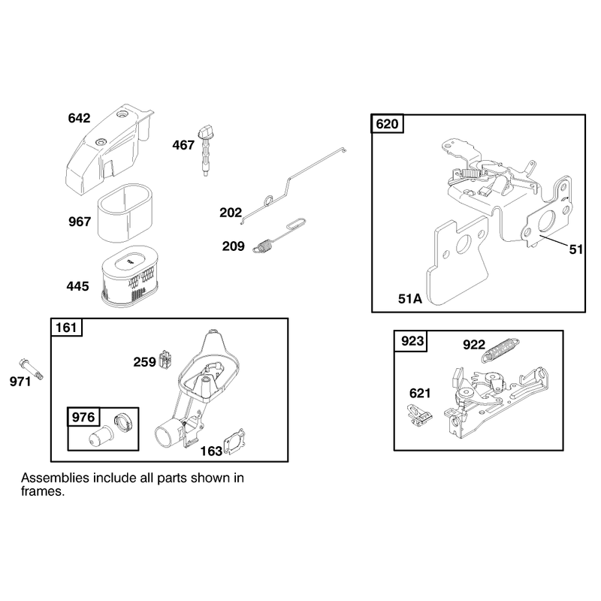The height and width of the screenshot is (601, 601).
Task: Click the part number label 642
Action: pyautogui.click(x=79, y=118)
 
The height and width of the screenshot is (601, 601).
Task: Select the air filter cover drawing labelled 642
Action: pyautogui.click(x=109, y=149)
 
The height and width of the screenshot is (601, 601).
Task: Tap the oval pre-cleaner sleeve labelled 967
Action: pyautogui.click(x=125, y=213)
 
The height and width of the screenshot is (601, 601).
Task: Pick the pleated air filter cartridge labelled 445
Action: pyautogui.click(x=129, y=276)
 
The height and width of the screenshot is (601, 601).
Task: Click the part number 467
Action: pyautogui.click(x=183, y=145)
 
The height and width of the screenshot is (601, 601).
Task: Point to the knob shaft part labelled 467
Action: pyautogui.click(x=205, y=151)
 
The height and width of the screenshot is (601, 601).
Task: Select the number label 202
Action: pyautogui.click(x=231, y=213)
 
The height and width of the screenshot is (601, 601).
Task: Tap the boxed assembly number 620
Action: pyautogui.click(x=387, y=124)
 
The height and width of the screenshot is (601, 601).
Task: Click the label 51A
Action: pyautogui.click(x=409, y=298)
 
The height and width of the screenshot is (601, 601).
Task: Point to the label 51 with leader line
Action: pyautogui.click(x=576, y=249)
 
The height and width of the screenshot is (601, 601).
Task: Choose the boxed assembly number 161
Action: pyautogui.click(x=66, y=328)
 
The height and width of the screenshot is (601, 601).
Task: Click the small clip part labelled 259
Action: pyautogui.click(x=165, y=361)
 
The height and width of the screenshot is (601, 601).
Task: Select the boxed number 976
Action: pyautogui.click(x=83, y=417)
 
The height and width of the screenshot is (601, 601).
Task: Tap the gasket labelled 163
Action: pyautogui.click(x=234, y=442)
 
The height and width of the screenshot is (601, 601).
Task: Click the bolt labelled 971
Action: pyautogui.click(x=31, y=369)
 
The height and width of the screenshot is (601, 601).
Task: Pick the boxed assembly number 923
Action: pyautogui.click(x=412, y=341)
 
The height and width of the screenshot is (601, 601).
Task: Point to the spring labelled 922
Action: pyautogui.click(x=500, y=349)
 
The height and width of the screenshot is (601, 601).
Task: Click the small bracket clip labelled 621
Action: pyautogui.click(x=419, y=415)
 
